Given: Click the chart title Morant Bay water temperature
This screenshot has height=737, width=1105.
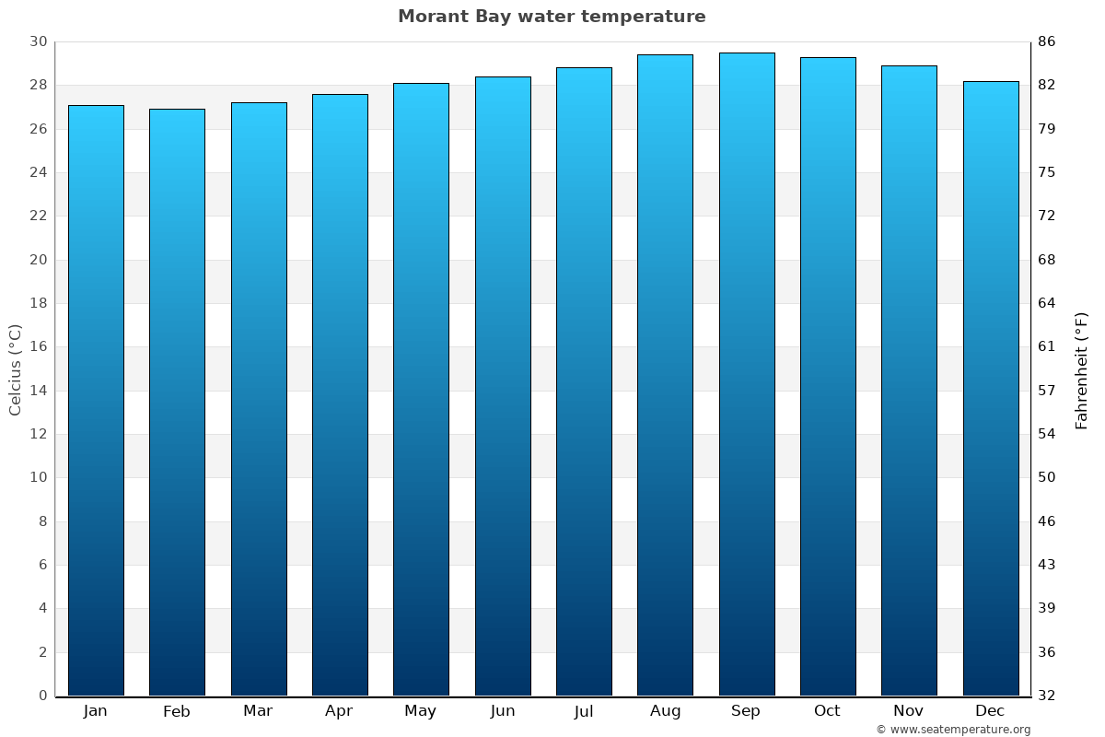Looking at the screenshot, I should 552,17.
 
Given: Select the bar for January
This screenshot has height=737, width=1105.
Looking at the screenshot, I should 96,401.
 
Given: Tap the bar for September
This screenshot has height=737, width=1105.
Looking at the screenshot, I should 746,374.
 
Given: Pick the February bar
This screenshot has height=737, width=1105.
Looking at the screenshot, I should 177,403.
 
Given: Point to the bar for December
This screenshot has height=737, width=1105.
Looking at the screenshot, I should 990,389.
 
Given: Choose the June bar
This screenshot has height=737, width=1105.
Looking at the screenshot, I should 503,386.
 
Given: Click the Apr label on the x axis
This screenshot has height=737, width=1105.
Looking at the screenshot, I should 339,711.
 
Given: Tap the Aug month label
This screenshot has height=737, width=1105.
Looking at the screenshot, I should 665,711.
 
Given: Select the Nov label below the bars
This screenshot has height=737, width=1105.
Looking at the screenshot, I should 909,711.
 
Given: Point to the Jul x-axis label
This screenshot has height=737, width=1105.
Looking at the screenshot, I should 584,711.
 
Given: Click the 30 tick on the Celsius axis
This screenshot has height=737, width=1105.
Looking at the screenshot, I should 38,41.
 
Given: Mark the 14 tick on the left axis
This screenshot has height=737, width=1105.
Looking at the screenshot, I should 38,391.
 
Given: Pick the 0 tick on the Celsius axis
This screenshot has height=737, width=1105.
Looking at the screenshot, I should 42,696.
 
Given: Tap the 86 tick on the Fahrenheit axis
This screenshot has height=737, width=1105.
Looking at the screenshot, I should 1046,41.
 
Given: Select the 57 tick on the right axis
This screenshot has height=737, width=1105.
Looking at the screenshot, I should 1046,391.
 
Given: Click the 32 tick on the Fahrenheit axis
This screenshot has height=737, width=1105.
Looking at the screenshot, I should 1046,696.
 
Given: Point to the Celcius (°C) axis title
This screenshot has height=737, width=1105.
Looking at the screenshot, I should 16,368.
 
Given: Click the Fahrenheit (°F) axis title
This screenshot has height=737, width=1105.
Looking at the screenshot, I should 1082,369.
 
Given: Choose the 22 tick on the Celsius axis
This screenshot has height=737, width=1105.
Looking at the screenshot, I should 38,216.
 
